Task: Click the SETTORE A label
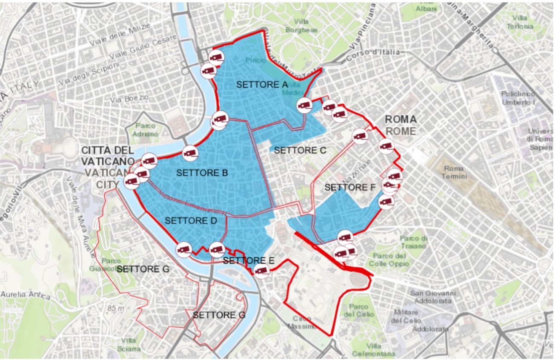[x=262, y=85]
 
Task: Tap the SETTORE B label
[x=202, y=173]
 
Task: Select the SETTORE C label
[x=300, y=150]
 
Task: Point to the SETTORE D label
[x=191, y=221]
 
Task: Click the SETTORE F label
[x=350, y=187]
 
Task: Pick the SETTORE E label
[x=249, y=260]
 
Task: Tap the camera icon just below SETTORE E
[x=262, y=271]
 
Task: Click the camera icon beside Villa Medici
[x=304, y=105]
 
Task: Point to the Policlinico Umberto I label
[x=517, y=98]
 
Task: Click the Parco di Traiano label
[x=412, y=242]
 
